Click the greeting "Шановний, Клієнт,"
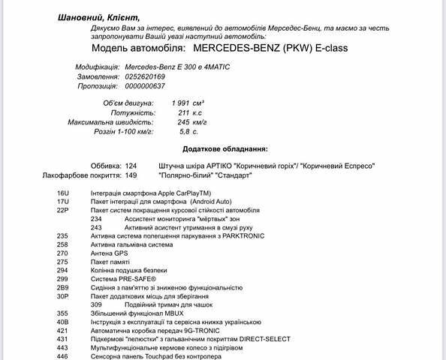click(x=98, y=17)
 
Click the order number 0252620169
click(x=145, y=76)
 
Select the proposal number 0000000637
click(x=145, y=87)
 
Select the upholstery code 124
click(x=131, y=166)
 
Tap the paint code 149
click(x=131, y=175)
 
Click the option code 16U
click(x=62, y=193)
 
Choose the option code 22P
click(x=62, y=210)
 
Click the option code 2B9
click(x=62, y=287)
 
